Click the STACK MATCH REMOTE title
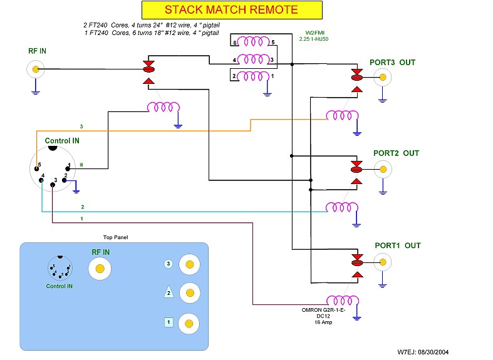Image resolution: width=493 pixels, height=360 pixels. click(231, 9)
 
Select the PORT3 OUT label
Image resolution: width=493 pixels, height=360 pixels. click(393, 63)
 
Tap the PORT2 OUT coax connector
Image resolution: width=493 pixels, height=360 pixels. click(383, 168)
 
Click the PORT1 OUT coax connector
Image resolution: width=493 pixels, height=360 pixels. click(383, 261)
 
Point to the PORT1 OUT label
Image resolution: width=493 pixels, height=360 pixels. click(393, 245)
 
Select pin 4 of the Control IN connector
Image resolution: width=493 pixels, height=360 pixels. click(41, 181)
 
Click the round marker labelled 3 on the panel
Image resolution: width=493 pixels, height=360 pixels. click(168, 264)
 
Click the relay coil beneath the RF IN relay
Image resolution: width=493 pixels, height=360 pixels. click(162, 108)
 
